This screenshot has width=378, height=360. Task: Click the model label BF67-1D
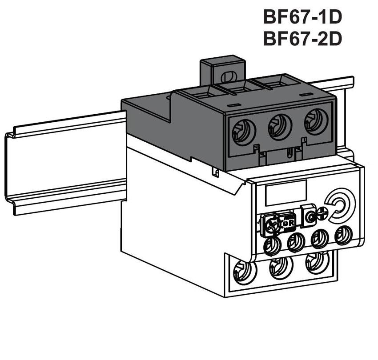point(302,17)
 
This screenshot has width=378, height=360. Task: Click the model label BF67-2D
point(302,39)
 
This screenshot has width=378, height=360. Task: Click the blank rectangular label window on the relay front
point(286,192)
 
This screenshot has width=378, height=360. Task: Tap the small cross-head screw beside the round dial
point(323,214)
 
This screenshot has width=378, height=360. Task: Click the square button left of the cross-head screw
point(308,216)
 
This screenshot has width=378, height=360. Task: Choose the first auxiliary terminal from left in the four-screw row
point(272,245)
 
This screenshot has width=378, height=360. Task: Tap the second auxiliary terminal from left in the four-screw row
point(296,242)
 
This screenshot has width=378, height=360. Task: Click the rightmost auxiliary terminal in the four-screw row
point(342,234)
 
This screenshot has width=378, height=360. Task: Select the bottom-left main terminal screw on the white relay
point(244,271)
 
